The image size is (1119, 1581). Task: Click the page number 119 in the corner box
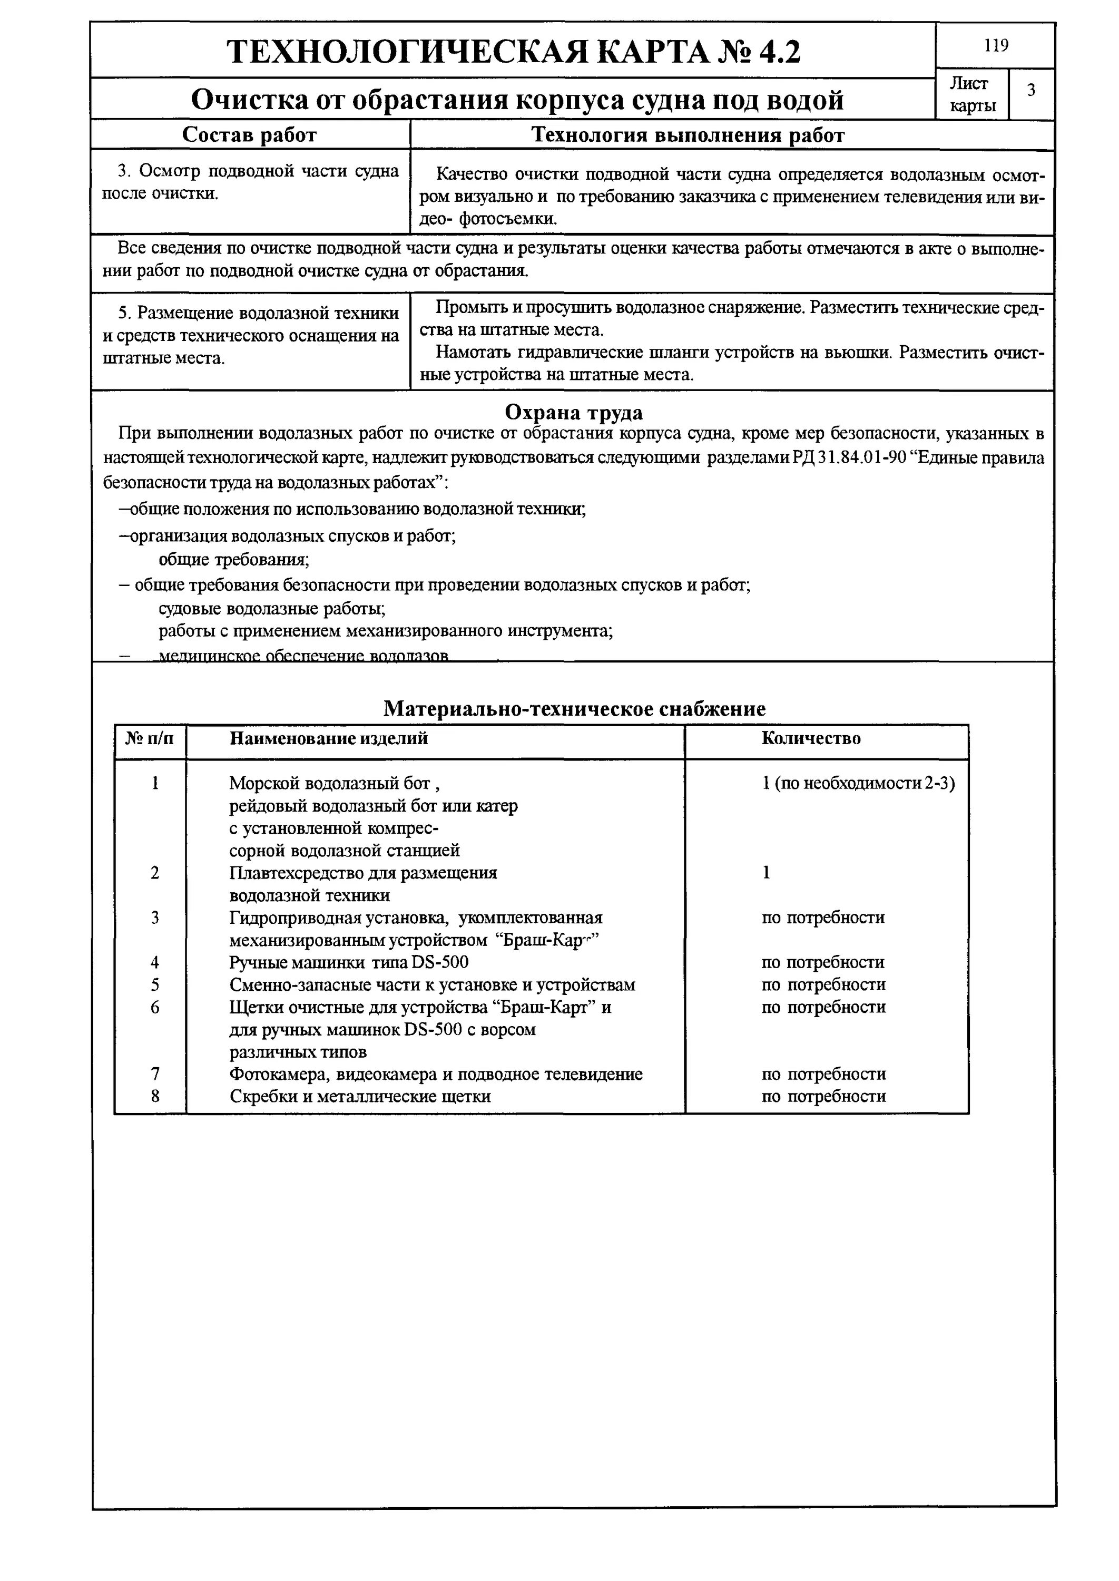[x=996, y=45]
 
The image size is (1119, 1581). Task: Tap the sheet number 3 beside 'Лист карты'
[x=1031, y=90]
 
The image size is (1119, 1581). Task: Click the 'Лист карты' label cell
[x=972, y=94]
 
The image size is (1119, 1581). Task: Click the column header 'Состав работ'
[x=249, y=135]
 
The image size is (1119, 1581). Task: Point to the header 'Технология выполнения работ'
[x=687, y=135]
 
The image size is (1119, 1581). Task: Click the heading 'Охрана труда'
[x=573, y=412]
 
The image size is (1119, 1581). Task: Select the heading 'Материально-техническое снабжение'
[x=573, y=708]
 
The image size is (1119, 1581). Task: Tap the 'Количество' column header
[x=811, y=739]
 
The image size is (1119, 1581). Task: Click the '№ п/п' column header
[x=150, y=739]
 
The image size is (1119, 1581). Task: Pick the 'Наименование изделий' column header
[x=328, y=739]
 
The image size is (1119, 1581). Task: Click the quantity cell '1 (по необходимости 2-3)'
[x=858, y=784]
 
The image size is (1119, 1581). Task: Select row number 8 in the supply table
[x=155, y=1096]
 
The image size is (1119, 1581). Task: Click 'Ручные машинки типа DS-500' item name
[x=349, y=962]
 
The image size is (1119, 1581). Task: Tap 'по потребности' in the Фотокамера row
[x=823, y=1073]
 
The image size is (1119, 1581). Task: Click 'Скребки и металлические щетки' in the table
[x=360, y=1096]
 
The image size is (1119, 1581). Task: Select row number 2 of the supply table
[x=155, y=873]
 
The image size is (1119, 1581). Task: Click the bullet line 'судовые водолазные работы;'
[x=271, y=609]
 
